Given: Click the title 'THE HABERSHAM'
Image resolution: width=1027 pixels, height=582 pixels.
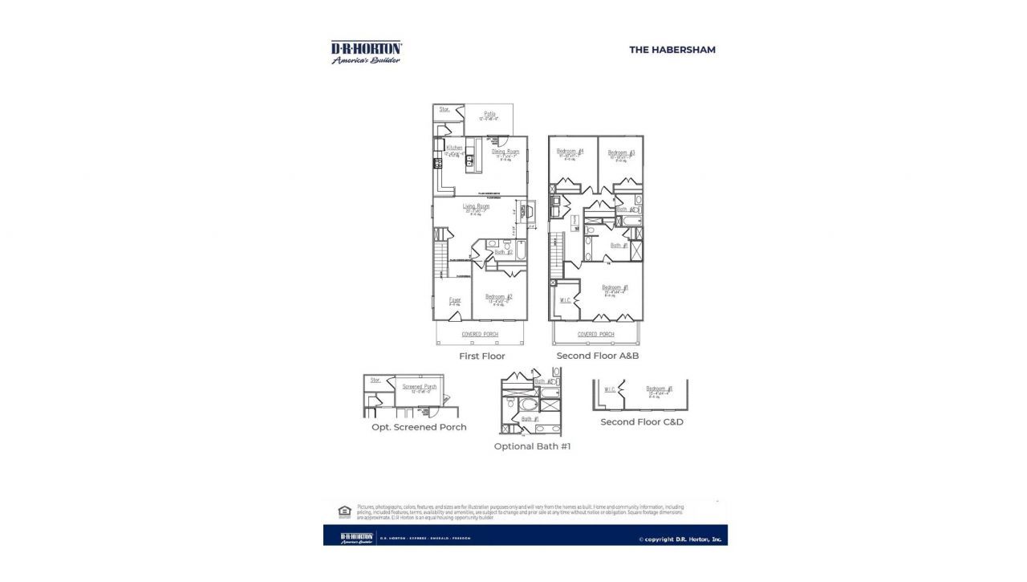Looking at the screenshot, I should pyautogui.click(x=672, y=50).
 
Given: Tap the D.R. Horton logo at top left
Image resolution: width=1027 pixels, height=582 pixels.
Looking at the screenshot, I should pyautogui.click(x=367, y=52).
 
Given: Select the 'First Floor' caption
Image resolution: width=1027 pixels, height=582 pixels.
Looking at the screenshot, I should pyautogui.click(x=481, y=356).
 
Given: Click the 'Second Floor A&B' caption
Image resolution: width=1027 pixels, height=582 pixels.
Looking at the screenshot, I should pyautogui.click(x=597, y=356).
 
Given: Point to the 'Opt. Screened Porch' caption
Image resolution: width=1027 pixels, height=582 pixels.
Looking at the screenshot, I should pyautogui.click(x=418, y=427).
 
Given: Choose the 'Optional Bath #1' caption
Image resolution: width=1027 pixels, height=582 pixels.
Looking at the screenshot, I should pyautogui.click(x=532, y=446).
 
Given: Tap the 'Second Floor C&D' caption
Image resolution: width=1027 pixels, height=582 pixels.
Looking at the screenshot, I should pyautogui.click(x=642, y=421).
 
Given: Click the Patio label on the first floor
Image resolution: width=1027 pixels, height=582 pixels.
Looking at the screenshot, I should pyautogui.click(x=489, y=114).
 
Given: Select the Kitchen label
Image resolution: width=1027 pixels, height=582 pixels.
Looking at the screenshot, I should pyautogui.click(x=454, y=149).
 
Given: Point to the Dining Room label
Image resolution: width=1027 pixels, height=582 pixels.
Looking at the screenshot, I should pyautogui.click(x=505, y=152).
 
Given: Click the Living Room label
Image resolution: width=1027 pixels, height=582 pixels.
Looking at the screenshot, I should pyautogui.click(x=476, y=206).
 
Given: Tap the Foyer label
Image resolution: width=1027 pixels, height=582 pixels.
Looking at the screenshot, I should pyautogui.click(x=454, y=300).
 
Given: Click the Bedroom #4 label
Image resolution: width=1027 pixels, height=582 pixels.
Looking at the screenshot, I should pyautogui.click(x=570, y=152).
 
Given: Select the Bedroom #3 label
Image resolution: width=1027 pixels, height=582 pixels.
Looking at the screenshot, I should pyautogui.click(x=621, y=153).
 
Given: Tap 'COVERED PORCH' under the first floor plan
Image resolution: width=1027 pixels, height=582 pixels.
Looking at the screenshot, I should pyautogui.click(x=480, y=334).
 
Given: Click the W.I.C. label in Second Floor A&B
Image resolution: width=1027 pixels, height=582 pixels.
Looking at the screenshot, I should pyautogui.click(x=565, y=300).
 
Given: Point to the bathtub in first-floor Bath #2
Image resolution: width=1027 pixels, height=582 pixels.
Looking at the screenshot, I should pyautogui.click(x=519, y=254).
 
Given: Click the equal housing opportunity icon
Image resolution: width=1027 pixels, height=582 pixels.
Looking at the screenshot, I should pyautogui.click(x=344, y=511).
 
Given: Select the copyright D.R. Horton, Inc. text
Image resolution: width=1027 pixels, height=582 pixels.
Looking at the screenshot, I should pyautogui.click(x=680, y=539).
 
